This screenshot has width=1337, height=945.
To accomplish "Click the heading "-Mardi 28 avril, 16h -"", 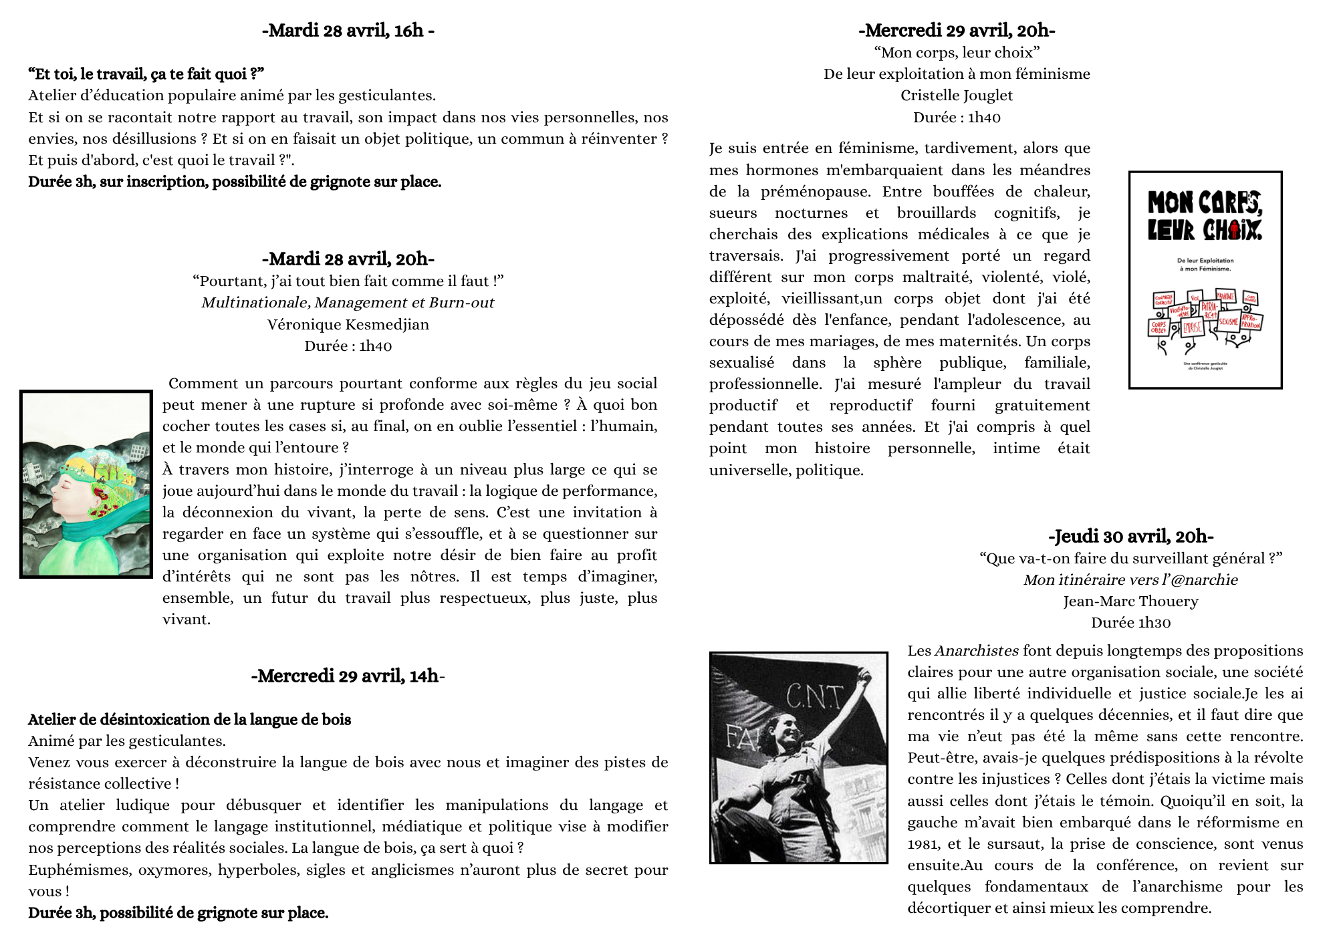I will coord(348,31).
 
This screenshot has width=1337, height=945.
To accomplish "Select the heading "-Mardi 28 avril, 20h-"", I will coord(348,259).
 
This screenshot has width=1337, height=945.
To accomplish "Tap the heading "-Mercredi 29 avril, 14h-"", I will coord(348,676).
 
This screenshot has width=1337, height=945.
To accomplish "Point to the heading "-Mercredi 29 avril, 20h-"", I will coord(957,31).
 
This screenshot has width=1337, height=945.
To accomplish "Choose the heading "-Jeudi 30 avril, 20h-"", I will coord(1130,537).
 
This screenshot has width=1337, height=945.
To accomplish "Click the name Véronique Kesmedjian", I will coord(348,325).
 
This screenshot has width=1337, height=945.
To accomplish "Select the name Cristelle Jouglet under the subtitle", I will coord(957,96).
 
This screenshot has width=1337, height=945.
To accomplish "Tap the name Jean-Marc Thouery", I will coord(1130,601).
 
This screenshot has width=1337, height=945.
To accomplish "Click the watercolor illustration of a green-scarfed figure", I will coord(86,484).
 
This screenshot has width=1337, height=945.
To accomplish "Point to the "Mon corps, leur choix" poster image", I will coord(1205,280).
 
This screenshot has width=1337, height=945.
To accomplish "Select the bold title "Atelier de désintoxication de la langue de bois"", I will coord(189,720).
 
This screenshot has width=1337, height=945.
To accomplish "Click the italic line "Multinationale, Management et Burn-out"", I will coord(348,303).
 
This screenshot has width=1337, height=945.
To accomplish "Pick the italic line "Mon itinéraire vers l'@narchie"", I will coord(1130,580).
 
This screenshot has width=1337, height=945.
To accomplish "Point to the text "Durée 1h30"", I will coord(1130,623).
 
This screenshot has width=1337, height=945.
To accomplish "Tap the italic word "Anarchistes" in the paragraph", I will coord(976,651).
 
